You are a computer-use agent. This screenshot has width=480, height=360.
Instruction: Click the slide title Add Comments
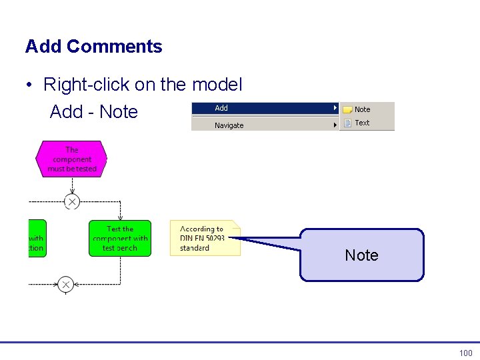point(93,47)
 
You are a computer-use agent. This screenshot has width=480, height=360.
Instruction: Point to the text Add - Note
point(93,112)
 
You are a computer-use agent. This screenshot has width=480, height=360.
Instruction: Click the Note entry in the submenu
point(363,109)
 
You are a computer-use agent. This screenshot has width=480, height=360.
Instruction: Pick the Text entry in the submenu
point(362,123)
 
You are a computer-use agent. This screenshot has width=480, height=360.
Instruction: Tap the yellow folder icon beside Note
point(347,109)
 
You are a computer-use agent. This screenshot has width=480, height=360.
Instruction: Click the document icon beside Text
point(347,123)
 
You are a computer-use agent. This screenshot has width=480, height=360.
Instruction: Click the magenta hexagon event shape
point(71,159)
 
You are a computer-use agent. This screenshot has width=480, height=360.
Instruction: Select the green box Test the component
point(120,238)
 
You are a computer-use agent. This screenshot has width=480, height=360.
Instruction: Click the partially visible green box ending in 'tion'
point(37,238)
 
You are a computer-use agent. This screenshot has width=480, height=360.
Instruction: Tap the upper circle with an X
point(72,201)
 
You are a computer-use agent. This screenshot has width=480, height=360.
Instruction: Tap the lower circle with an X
point(65,285)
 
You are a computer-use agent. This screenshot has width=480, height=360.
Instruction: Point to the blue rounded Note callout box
point(361,255)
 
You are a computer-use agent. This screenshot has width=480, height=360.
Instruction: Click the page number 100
point(465,353)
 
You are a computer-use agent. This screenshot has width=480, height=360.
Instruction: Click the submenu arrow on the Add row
point(335,108)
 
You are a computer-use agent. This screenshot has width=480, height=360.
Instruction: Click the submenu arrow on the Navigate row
point(335,125)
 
